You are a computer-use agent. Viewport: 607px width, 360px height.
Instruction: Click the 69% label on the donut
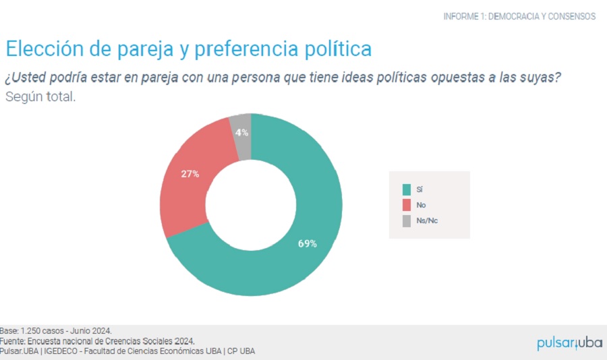pyautogui.click(x=308, y=243)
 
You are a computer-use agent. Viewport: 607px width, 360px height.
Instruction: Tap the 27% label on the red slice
pyautogui.click(x=190, y=174)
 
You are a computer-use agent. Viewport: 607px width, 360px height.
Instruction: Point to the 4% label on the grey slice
pyautogui.click(x=241, y=133)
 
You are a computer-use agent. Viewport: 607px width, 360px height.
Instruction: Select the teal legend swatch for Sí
pyautogui.click(x=406, y=189)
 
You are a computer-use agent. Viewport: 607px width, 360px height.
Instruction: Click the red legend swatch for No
pyautogui.click(x=406, y=205)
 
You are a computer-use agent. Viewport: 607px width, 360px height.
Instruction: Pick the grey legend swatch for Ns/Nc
pyautogui.click(x=406, y=220)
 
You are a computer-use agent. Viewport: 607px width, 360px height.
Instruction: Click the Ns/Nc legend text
pyautogui.click(x=428, y=220)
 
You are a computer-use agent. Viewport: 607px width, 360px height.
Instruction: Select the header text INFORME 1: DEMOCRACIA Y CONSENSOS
pyautogui.click(x=519, y=16)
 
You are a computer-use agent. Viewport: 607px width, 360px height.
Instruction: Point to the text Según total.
pyautogui.click(x=40, y=96)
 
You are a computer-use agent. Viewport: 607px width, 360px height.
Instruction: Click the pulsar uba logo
pyautogui.click(x=569, y=342)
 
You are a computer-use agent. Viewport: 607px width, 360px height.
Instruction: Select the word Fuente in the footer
pyautogui.click(x=12, y=341)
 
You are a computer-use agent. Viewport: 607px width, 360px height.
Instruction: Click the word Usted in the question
pyautogui.click(x=31, y=77)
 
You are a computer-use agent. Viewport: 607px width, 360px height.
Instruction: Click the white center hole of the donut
pyautogui.click(x=251, y=204)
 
